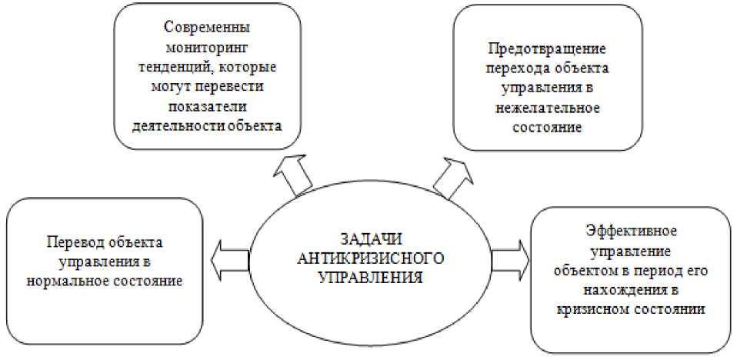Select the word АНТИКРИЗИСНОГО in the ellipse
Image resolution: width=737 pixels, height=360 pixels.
(x=372, y=258)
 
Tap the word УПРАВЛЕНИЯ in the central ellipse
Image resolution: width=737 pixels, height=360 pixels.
(x=371, y=278)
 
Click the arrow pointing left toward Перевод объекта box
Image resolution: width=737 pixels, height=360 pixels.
(x=229, y=256)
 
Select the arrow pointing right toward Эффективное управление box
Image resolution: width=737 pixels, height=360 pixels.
(x=510, y=256)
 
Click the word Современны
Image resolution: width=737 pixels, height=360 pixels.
(x=208, y=26)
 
